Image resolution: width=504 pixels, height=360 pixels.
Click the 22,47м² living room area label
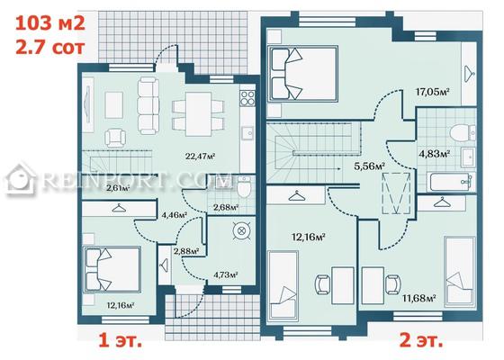[x=200, y=157]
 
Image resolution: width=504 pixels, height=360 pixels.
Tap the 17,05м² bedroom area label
[x=432, y=92]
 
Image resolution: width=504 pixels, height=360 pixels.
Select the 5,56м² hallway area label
[x=370, y=166]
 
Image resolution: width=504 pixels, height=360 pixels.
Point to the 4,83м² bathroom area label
[x=434, y=154]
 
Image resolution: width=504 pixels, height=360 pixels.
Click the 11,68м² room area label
[x=418, y=298]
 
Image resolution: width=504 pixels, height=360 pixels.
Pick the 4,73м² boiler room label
[x=226, y=274]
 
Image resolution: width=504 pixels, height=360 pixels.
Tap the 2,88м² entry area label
[x=186, y=251]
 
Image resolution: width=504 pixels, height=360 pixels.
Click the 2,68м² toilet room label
[x=226, y=207]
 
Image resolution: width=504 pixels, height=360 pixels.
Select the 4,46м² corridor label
[x=175, y=214]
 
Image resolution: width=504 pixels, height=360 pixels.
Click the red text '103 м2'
[x=50, y=23]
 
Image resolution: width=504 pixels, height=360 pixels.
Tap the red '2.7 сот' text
[x=50, y=47]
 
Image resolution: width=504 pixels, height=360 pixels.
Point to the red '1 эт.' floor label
[x=120, y=340]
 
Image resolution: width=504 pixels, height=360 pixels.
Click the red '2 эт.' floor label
[x=421, y=340]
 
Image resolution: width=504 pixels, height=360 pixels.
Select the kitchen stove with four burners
[x=247, y=98]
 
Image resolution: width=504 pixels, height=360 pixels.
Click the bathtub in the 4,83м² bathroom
[x=451, y=182]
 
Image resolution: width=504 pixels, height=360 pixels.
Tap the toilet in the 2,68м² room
[x=244, y=187]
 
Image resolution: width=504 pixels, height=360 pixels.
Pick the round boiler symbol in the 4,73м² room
[x=241, y=230]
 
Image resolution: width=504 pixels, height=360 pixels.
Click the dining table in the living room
[x=198, y=114]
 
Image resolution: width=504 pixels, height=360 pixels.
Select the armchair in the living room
[x=115, y=137]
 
